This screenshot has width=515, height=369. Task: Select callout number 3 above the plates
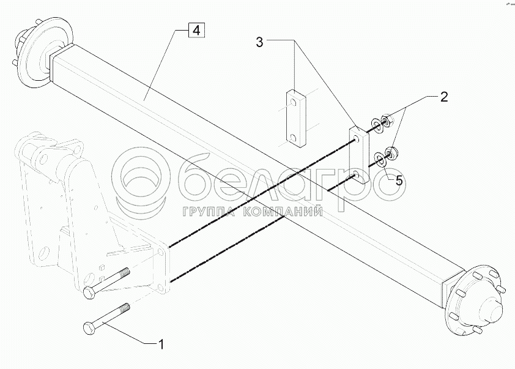(x=260, y=42)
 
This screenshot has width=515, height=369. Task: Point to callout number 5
(x=398, y=181)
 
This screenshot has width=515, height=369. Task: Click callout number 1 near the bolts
(x=161, y=345)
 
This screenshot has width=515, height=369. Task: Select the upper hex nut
(x=386, y=120)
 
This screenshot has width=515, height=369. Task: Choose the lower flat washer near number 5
(x=379, y=160)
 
